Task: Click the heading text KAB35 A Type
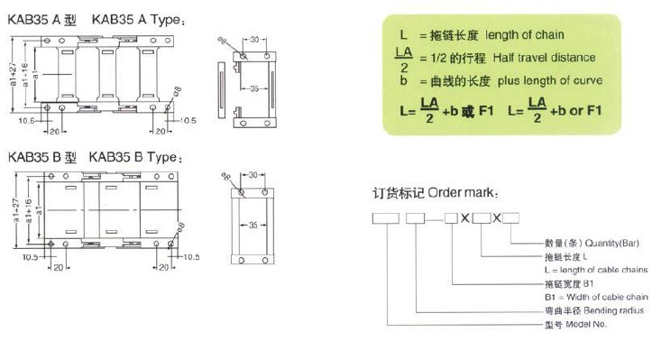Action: coord(137,20)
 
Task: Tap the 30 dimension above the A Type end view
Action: coord(254,40)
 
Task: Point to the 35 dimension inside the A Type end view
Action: coord(254,88)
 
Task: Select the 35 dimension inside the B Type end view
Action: coord(253,226)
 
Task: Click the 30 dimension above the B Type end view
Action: coord(253,175)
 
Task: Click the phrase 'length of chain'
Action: coord(525,35)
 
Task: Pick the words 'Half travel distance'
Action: coord(544,58)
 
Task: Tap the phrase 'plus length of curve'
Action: coord(550,80)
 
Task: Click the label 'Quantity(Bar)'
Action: coord(612,243)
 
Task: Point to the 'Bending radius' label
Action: coord(614,310)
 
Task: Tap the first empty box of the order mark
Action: coord(385,218)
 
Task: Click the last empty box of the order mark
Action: coord(510,218)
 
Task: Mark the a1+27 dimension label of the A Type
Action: coord(13,75)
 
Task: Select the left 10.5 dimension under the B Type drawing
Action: coord(30,257)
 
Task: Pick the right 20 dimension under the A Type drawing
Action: coord(161,132)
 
